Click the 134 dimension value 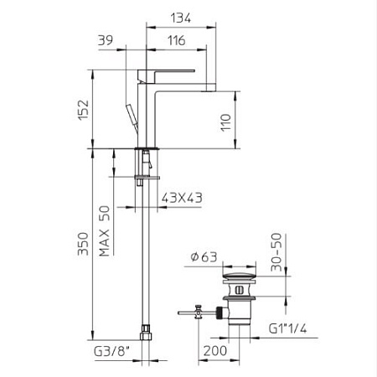[181, 18]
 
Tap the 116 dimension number [177, 40]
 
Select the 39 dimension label [106, 40]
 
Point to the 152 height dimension [83, 110]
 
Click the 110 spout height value [225, 122]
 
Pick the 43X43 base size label [182, 198]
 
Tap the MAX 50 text [104, 231]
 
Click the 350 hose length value [83, 244]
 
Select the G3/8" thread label [112, 352]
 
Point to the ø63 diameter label [204, 256]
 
